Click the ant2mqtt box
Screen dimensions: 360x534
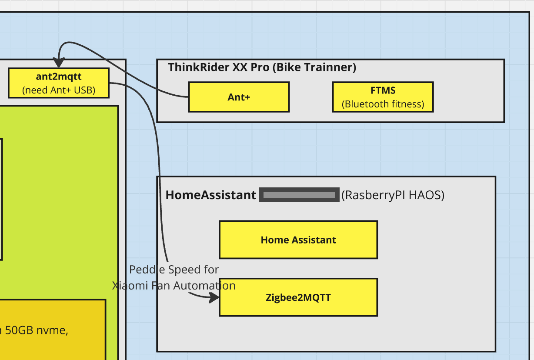pyautogui.click(x=58, y=83)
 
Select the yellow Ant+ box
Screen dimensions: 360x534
pyautogui.click(x=239, y=97)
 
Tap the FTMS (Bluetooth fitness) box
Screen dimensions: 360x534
pyautogui.click(x=383, y=97)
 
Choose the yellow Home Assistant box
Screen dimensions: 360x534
pyautogui.click(x=298, y=240)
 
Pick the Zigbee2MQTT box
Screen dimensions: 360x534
pyautogui.click(x=298, y=297)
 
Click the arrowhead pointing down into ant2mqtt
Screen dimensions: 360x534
pyautogui.click(x=58, y=63)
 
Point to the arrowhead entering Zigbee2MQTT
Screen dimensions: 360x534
pyautogui.click(x=214, y=298)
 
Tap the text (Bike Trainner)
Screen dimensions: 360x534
pyautogui.click(x=314, y=67)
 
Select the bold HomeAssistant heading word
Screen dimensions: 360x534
pyautogui.click(x=211, y=195)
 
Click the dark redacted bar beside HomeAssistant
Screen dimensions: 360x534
pyautogui.click(x=299, y=195)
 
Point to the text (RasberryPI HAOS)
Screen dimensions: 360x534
pyautogui.click(x=393, y=195)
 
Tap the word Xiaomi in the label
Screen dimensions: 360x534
pyautogui.click(x=127, y=286)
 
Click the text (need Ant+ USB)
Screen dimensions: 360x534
pyautogui.click(x=58, y=90)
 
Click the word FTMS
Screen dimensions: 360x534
pyautogui.click(x=383, y=90)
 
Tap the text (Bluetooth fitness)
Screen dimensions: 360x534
pyautogui.click(x=383, y=104)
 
